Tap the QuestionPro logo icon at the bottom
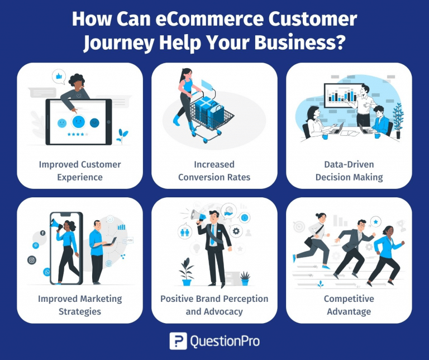(x=178, y=341)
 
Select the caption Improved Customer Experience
(x=80, y=170)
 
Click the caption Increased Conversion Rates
(x=214, y=170)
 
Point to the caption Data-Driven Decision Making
(x=349, y=170)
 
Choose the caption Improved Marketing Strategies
(x=80, y=305)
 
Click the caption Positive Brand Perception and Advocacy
(x=214, y=305)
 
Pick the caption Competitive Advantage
(x=349, y=305)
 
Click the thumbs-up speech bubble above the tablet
(x=58, y=75)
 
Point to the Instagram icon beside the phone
(x=31, y=259)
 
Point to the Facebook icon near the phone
(x=42, y=233)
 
